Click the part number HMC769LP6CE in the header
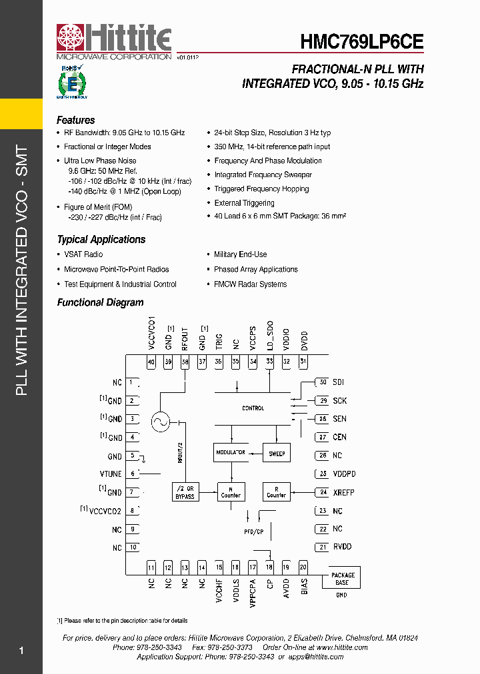362,42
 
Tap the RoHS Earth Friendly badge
72,82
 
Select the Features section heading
75,121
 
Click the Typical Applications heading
101,240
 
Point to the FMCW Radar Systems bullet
250,284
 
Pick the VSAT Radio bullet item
83,254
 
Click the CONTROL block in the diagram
253,408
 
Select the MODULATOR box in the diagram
230,453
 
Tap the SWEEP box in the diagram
277,454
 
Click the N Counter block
231,492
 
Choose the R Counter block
276,492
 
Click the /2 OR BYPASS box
185,492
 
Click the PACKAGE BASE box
343,578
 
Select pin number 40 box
151,362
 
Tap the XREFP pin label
343,492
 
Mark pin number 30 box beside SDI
323,382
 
